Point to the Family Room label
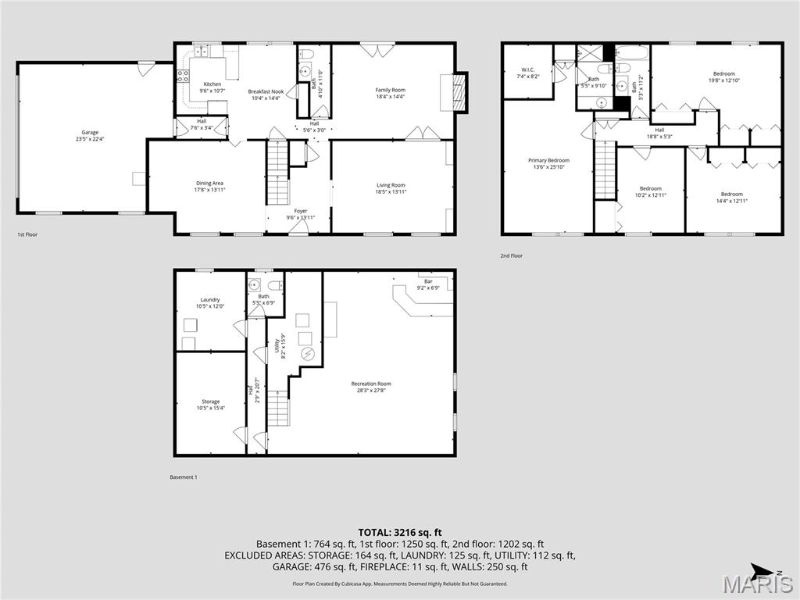coord(391,94)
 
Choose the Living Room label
coord(391,188)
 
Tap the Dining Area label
coord(209,187)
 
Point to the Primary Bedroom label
coord(548,163)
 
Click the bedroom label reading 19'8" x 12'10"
coord(723,77)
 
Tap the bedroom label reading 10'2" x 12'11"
coord(651,191)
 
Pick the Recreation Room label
coord(371,387)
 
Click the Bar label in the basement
coord(428,284)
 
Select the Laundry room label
coord(209,303)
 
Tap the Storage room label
coord(210,405)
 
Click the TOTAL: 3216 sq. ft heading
coord(400,532)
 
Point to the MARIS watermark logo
coord(757,583)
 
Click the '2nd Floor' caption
coord(512,255)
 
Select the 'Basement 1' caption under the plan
coord(184,477)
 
